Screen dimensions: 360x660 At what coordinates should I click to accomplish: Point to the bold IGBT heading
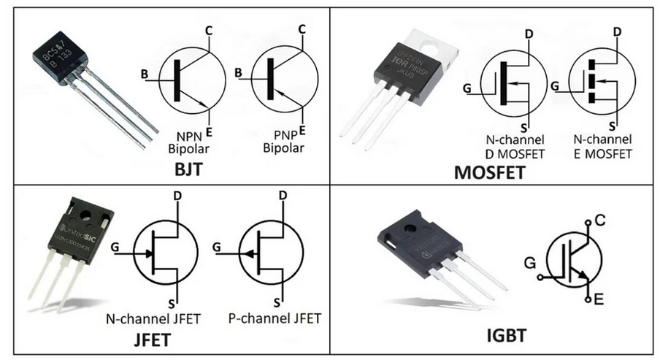507,337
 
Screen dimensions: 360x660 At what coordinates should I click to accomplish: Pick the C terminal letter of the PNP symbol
301,30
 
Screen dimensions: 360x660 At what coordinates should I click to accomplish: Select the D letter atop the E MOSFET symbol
617,32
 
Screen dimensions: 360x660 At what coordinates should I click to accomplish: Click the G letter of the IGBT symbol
529,261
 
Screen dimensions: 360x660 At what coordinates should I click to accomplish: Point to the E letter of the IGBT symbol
599,298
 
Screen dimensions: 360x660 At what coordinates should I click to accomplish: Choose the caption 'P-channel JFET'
275,318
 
